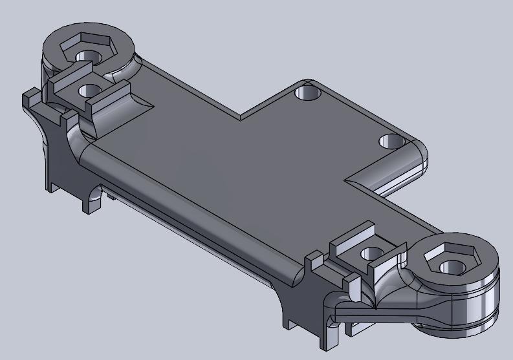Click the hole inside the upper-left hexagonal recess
(x=85, y=55)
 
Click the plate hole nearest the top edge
(x=308, y=93)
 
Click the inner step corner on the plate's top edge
(x=241, y=119)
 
